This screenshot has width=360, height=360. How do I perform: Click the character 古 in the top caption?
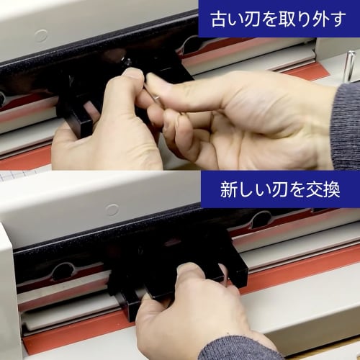(x=217, y=18)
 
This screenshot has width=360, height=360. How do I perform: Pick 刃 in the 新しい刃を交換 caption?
(x=282, y=191)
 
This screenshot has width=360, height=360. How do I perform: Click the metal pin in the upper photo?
(x=349, y=66)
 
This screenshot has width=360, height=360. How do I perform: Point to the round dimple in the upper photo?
(x=41, y=35)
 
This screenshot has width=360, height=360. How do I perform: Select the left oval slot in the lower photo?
(x=63, y=271)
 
